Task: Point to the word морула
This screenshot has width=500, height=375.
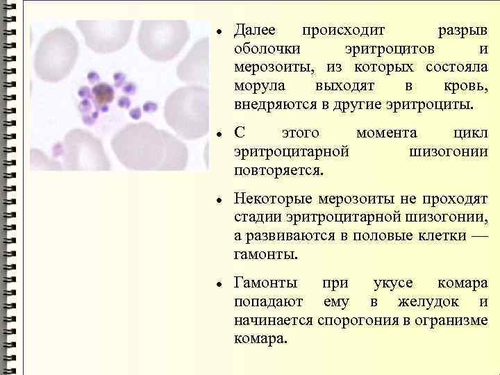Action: click(256, 86)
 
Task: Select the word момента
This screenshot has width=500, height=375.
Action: click(386, 133)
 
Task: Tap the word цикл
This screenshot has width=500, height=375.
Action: click(470, 133)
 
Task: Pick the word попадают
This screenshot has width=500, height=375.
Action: click(269, 303)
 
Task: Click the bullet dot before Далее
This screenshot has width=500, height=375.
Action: click(218, 33)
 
